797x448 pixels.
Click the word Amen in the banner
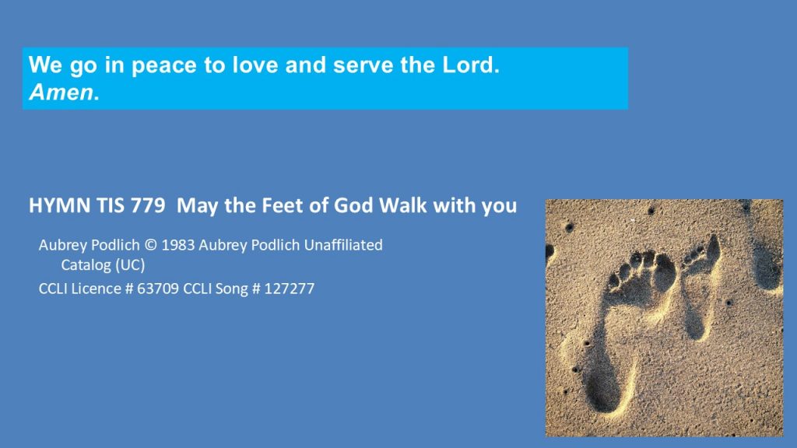tap(61, 93)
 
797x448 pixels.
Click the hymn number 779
tap(148, 205)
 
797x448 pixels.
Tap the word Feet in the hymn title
tap(279, 205)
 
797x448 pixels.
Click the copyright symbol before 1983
tap(150, 245)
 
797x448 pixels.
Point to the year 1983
tap(178, 245)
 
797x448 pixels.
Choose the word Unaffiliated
tap(343, 245)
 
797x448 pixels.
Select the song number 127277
tap(290, 289)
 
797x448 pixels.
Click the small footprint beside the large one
tap(699, 285)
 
